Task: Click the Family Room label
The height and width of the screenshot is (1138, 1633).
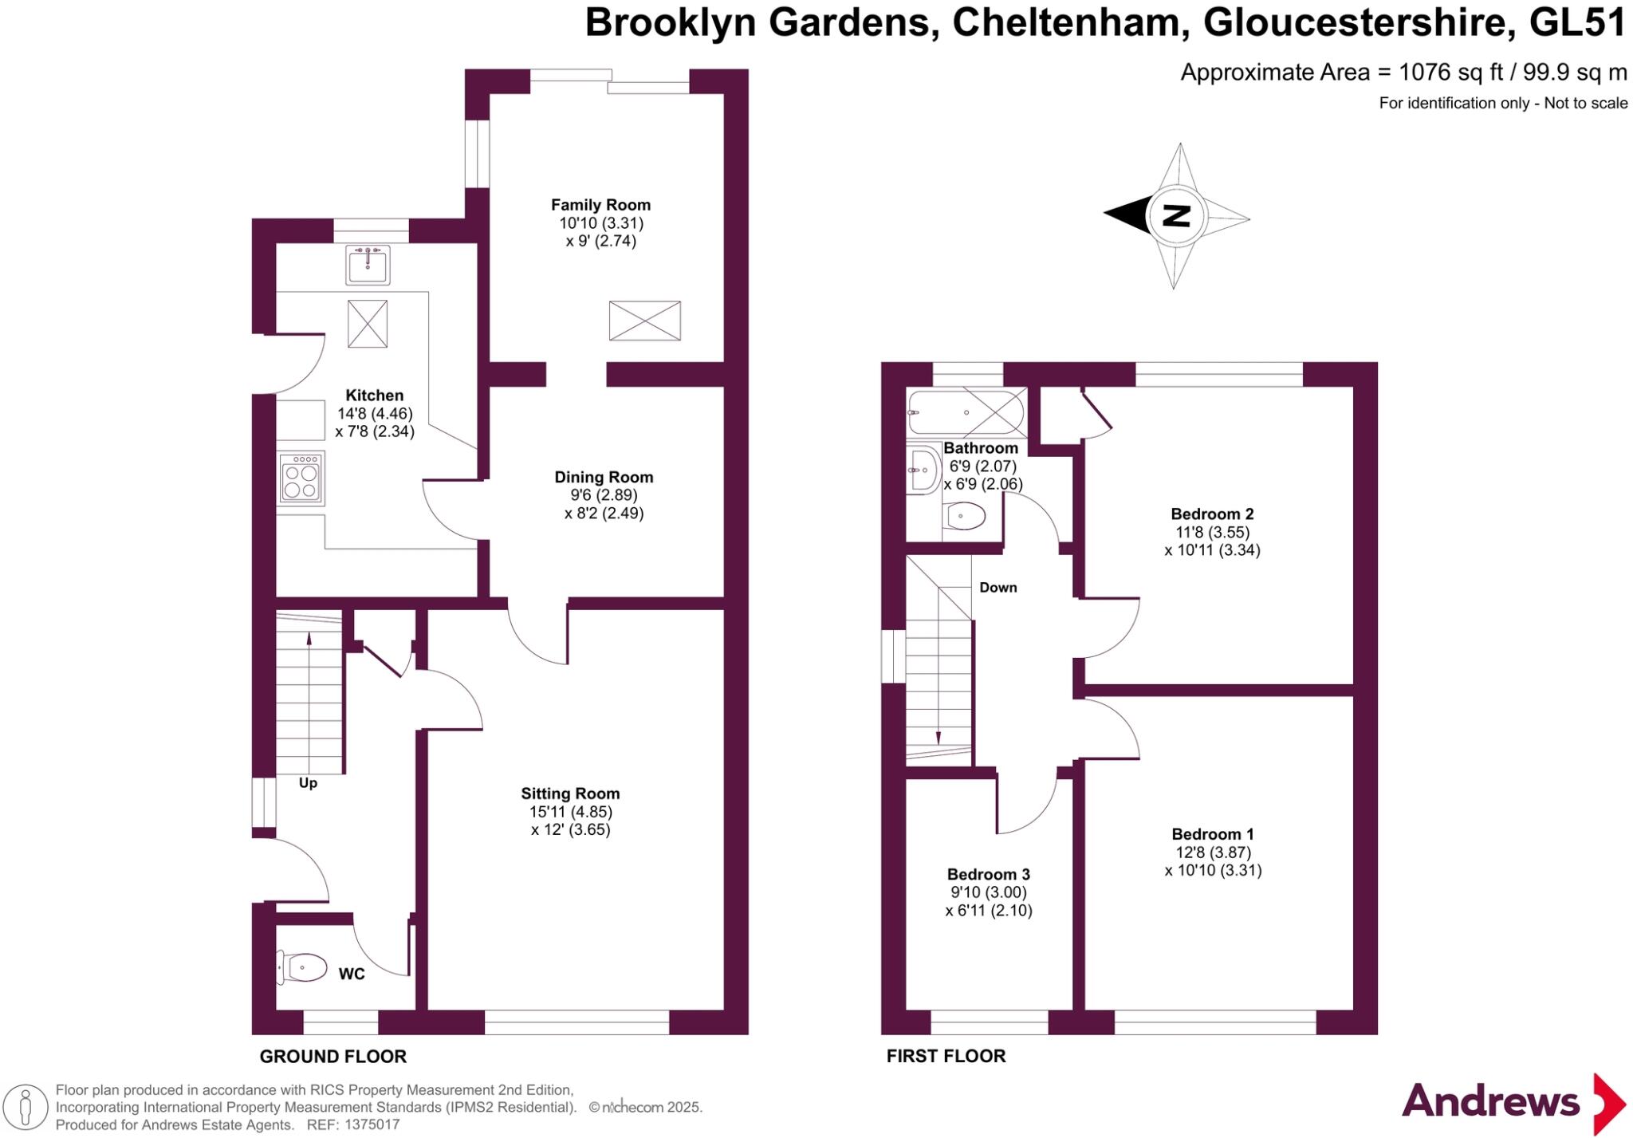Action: (x=600, y=205)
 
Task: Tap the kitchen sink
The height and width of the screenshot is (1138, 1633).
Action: (x=368, y=265)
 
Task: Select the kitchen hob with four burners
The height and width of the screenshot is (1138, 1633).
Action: (x=301, y=478)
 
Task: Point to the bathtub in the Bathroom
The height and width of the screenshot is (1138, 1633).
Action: (x=966, y=412)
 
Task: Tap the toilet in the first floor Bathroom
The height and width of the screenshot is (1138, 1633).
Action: (x=963, y=517)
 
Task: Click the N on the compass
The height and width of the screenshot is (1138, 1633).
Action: (x=1177, y=216)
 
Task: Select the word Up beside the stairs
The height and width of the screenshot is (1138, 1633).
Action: (x=308, y=783)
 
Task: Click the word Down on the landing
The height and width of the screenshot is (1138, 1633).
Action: (x=998, y=588)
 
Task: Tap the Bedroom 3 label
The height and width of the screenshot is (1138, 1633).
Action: (x=988, y=874)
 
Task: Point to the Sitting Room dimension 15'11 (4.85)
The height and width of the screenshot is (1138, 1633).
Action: (x=570, y=812)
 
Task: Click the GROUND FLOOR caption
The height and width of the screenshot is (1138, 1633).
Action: (x=333, y=1057)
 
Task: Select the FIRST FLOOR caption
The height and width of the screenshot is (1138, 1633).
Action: (x=946, y=1056)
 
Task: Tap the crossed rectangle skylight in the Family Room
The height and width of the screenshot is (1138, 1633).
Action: (x=644, y=321)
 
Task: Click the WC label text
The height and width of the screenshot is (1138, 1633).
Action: (x=352, y=974)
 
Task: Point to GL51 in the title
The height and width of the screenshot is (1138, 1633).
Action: (x=1576, y=23)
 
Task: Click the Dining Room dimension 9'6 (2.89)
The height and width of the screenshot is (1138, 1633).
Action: (x=604, y=495)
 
